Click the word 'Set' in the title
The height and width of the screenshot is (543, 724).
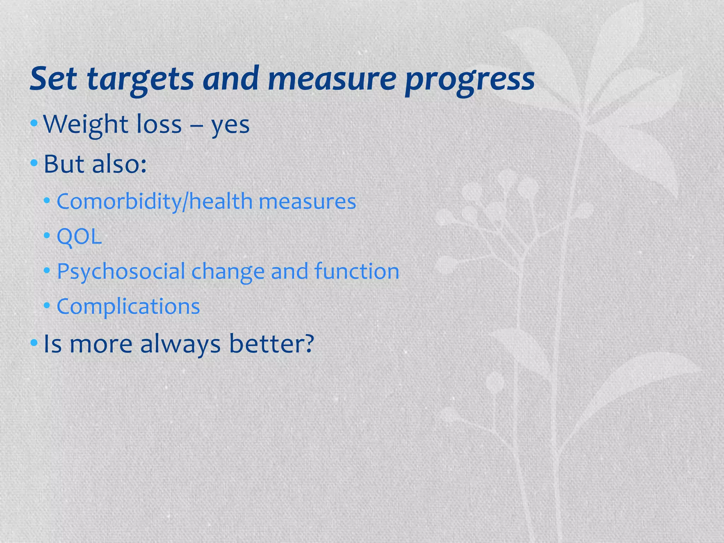53,78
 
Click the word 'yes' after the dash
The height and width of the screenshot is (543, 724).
230,126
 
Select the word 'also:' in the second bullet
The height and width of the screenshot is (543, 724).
119,164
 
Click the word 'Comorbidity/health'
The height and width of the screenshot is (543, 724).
154,202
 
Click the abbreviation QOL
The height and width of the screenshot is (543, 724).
79,237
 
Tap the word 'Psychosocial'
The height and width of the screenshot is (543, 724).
121,272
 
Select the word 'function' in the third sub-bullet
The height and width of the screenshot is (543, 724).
357,271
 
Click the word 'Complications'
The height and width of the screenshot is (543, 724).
128,306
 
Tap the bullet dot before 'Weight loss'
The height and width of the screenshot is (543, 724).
34,123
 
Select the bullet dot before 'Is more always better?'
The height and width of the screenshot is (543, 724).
34,343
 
